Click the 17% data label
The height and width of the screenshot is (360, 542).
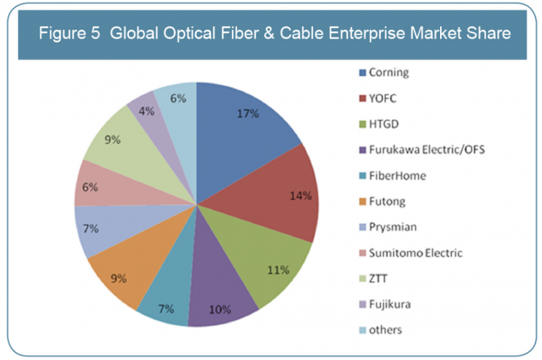click(248, 114)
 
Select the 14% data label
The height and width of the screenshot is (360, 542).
click(300, 196)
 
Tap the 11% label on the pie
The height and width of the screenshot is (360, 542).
click(278, 270)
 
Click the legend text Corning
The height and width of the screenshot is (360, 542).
click(388, 73)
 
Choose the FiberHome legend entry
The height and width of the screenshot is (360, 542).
click(396, 176)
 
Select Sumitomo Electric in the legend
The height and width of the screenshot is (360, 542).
click(415, 253)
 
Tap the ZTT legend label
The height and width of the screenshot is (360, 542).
click(378, 279)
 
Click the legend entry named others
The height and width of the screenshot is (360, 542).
click(385, 330)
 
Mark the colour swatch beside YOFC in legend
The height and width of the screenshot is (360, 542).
click(362, 99)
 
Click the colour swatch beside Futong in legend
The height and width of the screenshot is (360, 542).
click(362, 202)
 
